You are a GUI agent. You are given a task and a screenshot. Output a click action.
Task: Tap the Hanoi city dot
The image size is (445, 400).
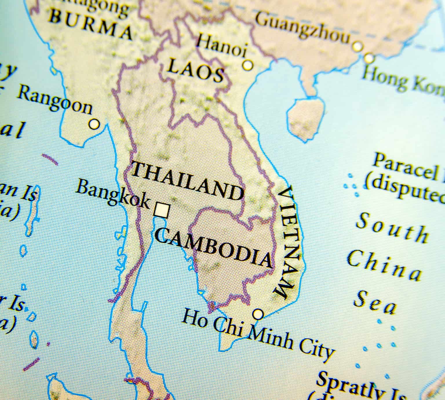(x=248, y=65)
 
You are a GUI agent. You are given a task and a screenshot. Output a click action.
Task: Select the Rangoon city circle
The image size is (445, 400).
(x=94, y=124)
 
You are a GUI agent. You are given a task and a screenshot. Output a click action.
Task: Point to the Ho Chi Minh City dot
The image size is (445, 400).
(x=258, y=314)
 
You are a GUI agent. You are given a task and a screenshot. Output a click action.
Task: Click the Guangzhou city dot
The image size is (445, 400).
(x=358, y=46)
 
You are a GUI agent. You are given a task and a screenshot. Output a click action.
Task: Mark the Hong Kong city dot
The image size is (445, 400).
(x=369, y=58)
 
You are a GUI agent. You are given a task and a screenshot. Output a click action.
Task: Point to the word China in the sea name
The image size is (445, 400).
(x=384, y=265)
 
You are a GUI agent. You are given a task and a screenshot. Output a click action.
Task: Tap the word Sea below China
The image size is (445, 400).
(x=375, y=302)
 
